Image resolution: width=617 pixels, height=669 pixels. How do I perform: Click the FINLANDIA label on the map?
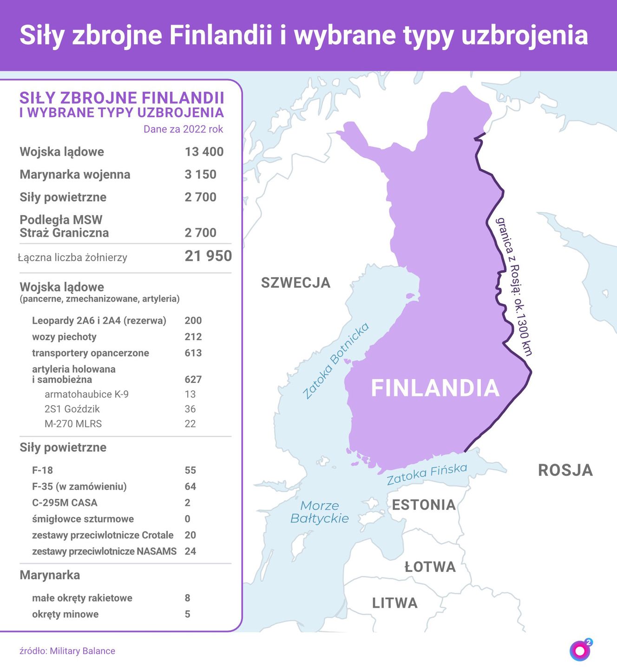[435, 388]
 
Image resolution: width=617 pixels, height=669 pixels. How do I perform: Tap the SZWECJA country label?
[295, 282]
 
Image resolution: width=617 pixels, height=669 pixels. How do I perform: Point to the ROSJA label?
[565, 470]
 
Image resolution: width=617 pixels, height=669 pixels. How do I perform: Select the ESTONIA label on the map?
[424, 505]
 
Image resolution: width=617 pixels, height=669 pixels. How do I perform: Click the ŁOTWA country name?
[430, 567]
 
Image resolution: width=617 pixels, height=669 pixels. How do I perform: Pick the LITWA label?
[395, 603]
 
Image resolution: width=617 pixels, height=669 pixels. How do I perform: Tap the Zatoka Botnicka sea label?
[336, 361]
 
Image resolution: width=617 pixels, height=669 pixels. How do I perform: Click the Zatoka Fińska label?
[427, 474]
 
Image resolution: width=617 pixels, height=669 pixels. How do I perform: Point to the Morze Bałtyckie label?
[320, 512]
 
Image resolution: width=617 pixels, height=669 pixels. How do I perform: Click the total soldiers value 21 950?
[208, 256]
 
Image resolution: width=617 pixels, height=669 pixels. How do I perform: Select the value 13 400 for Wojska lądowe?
[204, 152]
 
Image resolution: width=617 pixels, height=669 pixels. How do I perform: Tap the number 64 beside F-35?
[190, 486]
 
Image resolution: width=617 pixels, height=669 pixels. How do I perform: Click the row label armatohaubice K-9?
[86, 394]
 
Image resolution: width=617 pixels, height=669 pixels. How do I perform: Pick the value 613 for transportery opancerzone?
[193, 353]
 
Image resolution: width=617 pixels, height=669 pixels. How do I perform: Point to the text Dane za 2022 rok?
[183, 129]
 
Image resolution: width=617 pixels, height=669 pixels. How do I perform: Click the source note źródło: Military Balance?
[67, 651]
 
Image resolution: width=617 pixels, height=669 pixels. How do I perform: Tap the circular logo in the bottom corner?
[580, 650]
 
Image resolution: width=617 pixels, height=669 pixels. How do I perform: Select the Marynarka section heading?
[50, 575]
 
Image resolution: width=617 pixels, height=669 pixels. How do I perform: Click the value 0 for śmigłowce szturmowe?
[188, 519]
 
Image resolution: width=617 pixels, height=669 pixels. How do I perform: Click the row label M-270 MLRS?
[73, 424]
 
